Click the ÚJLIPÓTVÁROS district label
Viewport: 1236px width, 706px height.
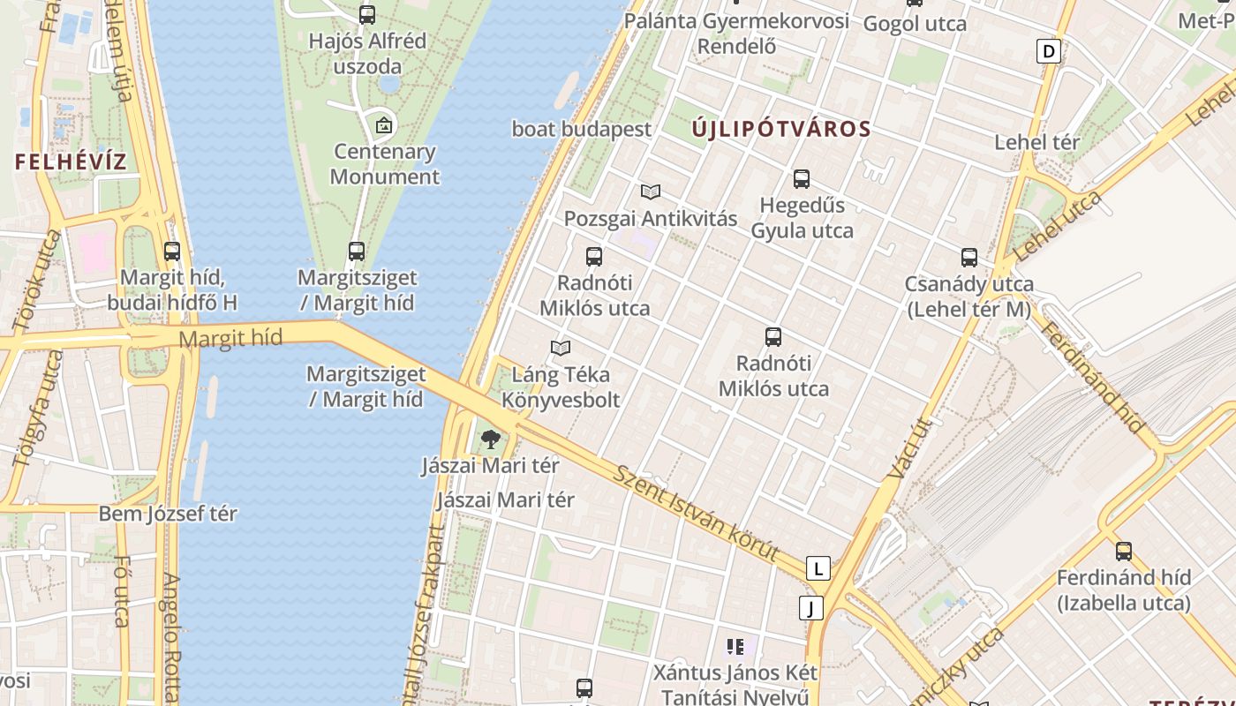781,129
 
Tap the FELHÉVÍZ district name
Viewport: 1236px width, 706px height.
71,162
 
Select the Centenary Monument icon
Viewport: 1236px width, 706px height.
383,125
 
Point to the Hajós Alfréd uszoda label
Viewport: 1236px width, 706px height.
367,53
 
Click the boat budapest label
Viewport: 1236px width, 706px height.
582,129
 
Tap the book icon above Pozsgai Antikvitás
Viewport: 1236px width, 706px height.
651,192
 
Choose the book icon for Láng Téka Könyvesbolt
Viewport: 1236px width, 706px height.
561,348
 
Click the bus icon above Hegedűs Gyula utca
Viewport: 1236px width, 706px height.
802,179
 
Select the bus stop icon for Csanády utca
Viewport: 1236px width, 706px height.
969,258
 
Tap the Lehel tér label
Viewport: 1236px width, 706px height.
1036,142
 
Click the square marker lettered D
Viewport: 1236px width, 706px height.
1049,51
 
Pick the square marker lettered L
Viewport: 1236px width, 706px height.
818,568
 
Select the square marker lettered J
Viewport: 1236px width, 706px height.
810,607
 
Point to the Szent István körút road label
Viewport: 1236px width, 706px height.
697,513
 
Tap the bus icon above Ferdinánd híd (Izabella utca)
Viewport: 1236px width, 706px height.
1124,552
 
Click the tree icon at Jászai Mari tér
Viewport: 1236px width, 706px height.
490,439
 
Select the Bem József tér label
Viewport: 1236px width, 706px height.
168,514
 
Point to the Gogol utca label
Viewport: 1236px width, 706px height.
915,24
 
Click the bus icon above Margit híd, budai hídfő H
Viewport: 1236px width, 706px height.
172,252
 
